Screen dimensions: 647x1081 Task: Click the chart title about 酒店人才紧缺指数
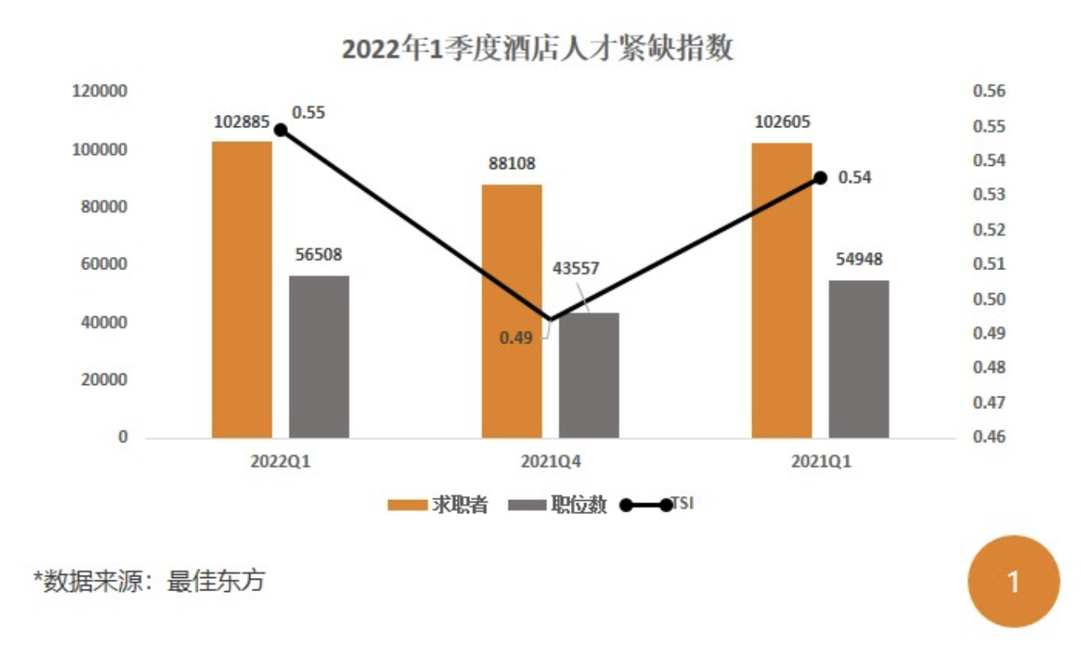tap(537, 50)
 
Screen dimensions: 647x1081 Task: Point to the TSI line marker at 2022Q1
tap(281, 130)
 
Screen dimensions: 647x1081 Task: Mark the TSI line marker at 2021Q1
tap(820, 177)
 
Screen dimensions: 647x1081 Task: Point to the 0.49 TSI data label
tap(518, 337)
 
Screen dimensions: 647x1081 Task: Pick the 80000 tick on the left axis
tap(105, 207)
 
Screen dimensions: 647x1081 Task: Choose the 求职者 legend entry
tap(438, 505)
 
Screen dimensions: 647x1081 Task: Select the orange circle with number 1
tap(1014, 582)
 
